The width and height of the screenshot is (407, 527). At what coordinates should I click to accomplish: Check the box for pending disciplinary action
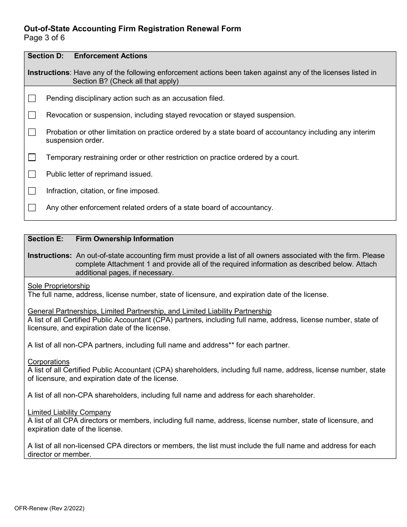click(32, 99)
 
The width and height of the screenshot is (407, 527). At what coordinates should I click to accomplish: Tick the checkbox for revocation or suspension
click(32, 115)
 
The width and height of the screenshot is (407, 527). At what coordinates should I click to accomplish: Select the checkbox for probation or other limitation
click(32, 132)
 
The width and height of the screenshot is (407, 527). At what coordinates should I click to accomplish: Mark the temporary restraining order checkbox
click(32, 157)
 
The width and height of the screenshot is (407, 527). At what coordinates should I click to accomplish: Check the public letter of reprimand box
click(32, 174)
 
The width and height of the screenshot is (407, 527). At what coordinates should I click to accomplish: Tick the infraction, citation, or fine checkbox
click(32, 191)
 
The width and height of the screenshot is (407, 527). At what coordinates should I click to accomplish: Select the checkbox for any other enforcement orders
click(32, 207)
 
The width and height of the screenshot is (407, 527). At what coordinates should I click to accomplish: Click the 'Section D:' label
click(45, 56)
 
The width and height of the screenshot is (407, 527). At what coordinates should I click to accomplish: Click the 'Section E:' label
click(45, 239)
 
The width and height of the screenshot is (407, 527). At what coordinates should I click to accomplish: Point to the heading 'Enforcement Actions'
click(111, 56)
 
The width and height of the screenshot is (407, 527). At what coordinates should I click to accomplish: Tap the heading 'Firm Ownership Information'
click(125, 239)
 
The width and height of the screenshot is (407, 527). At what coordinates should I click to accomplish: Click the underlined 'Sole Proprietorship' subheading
click(59, 286)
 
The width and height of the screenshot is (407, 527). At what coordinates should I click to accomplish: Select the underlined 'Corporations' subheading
click(48, 362)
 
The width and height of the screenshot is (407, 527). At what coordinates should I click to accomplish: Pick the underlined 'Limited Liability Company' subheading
click(69, 412)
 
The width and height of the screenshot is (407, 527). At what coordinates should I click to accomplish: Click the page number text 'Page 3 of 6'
click(44, 38)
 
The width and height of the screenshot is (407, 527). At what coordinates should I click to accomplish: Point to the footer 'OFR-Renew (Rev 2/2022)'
click(54, 509)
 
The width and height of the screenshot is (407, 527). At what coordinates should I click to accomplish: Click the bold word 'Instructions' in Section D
click(48, 73)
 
